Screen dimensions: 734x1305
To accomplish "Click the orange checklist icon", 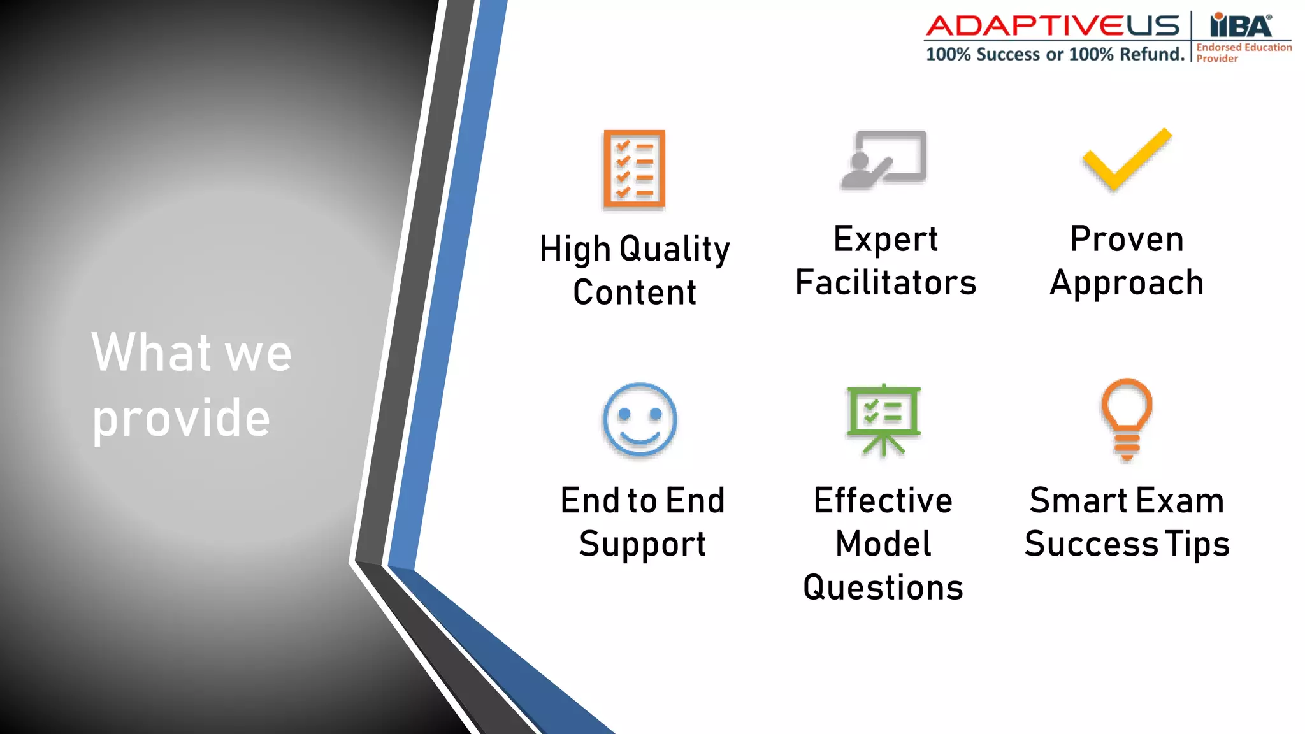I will (634, 169).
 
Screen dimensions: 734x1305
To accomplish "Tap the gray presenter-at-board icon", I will (884, 159).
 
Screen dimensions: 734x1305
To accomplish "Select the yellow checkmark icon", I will (1127, 159).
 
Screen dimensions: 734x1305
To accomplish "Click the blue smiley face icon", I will (640, 419).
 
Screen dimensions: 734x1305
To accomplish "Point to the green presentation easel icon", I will (883, 419).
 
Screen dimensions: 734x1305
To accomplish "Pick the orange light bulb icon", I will (1127, 419).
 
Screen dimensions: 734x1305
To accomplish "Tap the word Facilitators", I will (886, 282).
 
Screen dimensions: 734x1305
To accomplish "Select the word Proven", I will (1127, 239).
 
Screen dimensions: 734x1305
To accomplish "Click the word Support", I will (642, 544).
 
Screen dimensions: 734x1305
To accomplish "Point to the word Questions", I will (883, 587).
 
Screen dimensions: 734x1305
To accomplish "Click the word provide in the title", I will (182, 419).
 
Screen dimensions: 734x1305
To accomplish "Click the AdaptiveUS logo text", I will (1053, 27).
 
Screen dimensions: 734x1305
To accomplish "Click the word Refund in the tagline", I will (1151, 55).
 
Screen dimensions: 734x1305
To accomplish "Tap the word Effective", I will (883, 501).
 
